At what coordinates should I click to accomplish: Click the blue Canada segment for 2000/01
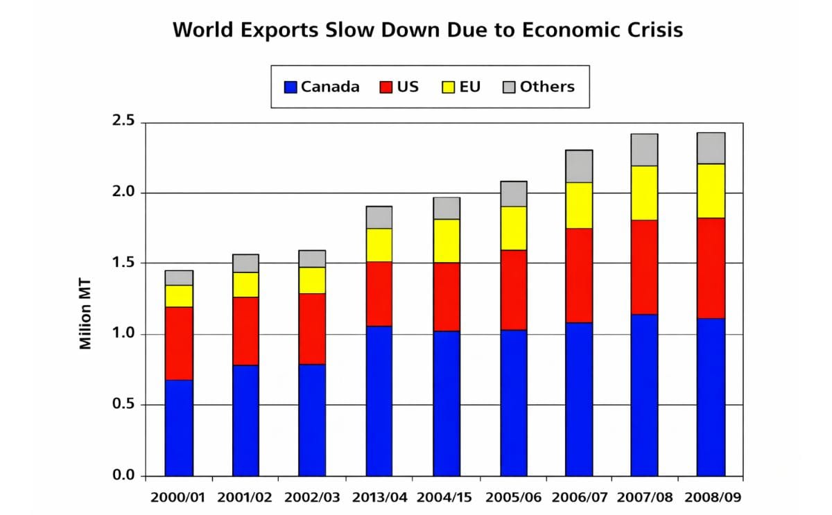click(x=178, y=427)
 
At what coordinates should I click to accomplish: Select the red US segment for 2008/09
click(x=711, y=268)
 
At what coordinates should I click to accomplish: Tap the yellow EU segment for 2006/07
click(x=578, y=205)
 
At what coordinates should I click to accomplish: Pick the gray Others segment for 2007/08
click(x=644, y=150)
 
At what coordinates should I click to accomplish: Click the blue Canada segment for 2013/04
click(x=379, y=400)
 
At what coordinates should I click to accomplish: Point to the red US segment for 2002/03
click(x=312, y=329)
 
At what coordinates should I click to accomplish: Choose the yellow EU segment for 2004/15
click(x=446, y=241)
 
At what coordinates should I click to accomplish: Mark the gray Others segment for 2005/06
click(x=513, y=193)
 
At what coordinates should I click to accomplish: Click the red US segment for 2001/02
click(x=245, y=331)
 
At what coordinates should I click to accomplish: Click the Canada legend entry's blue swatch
click(x=291, y=87)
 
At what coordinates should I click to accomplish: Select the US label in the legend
click(x=408, y=87)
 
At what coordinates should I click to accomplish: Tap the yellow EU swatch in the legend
click(x=449, y=87)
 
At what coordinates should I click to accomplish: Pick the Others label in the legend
click(x=547, y=87)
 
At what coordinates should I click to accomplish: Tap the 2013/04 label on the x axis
click(x=379, y=497)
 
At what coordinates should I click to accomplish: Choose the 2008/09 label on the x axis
click(x=712, y=497)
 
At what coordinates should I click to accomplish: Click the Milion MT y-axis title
click(x=85, y=314)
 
